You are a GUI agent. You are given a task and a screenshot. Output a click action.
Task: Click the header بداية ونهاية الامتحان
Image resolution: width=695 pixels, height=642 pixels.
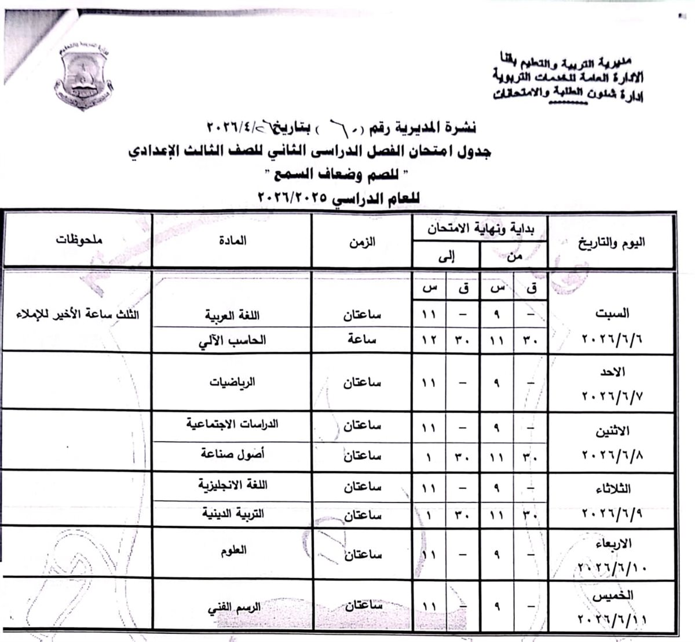coord(480,229)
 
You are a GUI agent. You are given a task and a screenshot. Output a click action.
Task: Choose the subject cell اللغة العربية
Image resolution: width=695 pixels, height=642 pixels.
coord(232,316)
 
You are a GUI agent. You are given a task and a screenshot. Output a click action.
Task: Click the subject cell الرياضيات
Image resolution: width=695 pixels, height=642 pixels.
coord(232,382)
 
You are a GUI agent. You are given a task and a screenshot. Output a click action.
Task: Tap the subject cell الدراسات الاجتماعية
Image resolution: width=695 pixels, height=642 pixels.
coord(232,424)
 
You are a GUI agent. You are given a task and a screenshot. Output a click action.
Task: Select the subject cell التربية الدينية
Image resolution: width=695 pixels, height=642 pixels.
coord(232,513)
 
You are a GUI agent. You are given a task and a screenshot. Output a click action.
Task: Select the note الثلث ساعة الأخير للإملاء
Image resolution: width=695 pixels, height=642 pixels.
coord(78,316)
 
